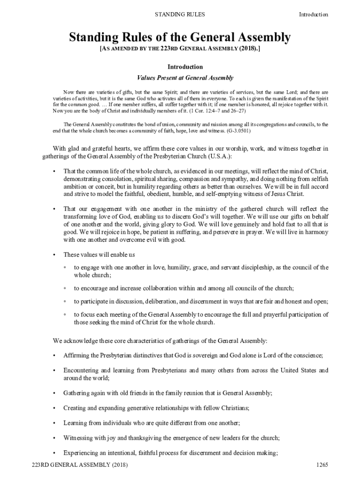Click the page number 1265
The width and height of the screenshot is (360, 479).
click(x=322, y=465)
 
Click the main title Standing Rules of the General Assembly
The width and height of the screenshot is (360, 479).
click(x=180, y=37)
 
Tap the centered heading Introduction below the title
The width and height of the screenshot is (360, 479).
click(x=185, y=67)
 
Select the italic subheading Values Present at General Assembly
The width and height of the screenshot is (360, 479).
click(x=185, y=78)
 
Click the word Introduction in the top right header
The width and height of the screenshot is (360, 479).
click(x=313, y=15)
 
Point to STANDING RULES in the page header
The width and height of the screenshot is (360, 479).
click(x=180, y=15)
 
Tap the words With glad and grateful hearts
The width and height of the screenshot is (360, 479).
click(x=92, y=149)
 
